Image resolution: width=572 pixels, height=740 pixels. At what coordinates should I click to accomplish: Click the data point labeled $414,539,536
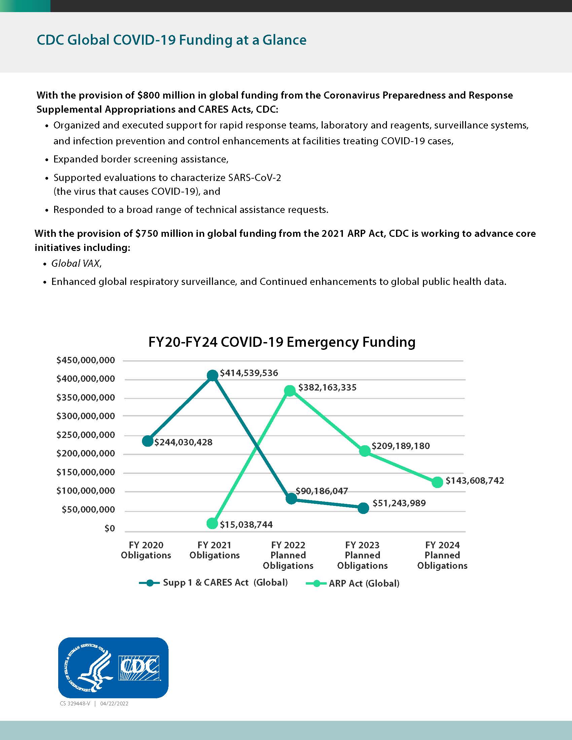pos(212,375)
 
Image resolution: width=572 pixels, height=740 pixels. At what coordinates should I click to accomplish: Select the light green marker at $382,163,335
pos(290,391)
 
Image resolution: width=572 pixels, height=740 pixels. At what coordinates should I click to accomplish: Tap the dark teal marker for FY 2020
pos(147,441)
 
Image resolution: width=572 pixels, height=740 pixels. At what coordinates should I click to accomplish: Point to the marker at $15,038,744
pos(212,523)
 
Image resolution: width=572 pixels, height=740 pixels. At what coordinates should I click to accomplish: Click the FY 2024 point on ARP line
pos(437,482)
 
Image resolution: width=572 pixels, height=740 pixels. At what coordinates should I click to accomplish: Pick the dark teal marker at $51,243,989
pos(363,508)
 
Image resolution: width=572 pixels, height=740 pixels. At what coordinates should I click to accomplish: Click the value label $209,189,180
pos(400,446)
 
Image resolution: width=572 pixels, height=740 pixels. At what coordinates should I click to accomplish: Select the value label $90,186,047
pos(322,491)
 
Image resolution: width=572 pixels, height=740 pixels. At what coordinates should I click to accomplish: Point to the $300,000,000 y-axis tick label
pos(86,416)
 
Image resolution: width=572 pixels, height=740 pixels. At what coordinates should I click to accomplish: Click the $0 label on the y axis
pos(109,528)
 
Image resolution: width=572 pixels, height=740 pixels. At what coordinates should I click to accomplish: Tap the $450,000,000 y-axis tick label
pos(86,360)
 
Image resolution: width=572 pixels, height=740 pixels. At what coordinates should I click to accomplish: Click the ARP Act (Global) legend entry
pos(364,584)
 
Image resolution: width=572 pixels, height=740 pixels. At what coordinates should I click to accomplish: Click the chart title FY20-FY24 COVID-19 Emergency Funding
pos(282,341)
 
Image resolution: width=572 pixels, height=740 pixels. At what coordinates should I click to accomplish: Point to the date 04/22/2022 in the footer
pos(114,703)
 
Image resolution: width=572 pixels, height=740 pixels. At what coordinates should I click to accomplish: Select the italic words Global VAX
pos(76,263)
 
